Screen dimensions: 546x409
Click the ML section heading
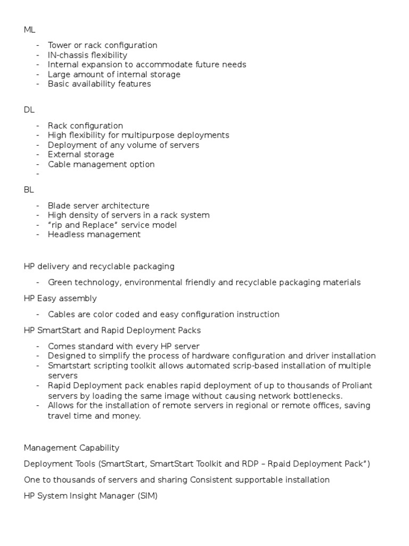tap(29, 29)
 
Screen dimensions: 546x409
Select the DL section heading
tap(29, 109)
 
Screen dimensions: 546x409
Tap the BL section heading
tap(29, 189)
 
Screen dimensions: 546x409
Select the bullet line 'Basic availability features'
tap(99, 84)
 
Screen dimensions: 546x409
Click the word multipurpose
tap(158, 135)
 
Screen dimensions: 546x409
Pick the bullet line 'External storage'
tap(81, 155)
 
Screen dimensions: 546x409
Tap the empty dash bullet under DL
tap(39, 174)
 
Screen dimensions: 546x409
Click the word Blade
tap(59, 205)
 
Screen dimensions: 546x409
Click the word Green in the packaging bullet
tap(60, 283)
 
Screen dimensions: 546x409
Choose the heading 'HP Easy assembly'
tap(60, 299)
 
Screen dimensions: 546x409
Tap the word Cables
tap(61, 315)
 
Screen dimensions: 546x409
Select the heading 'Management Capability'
tap(71, 448)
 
